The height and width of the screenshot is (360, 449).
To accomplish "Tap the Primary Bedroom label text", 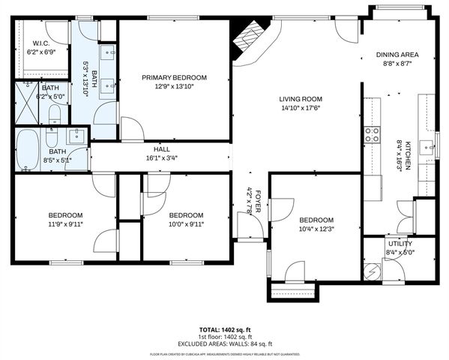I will [175, 77].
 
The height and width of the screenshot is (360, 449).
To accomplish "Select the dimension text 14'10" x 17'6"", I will [301, 108].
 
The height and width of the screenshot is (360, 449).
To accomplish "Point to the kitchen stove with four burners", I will [372, 135].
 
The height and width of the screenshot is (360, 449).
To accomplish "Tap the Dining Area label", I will [397, 55].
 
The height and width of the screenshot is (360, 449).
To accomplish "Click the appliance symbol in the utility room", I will [372, 271].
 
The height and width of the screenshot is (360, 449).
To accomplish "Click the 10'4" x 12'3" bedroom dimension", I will [315, 229].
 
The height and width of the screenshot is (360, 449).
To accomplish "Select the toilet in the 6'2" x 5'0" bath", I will [54, 115].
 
